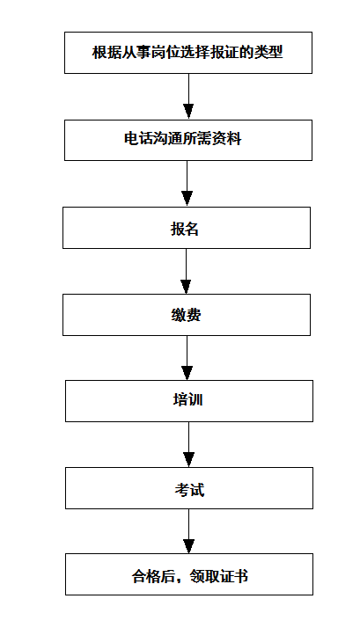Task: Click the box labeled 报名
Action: click(x=187, y=228)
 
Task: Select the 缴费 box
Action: click(x=187, y=315)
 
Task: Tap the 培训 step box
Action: click(x=189, y=401)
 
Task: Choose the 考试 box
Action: click(x=189, y=488)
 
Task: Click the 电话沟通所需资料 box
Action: click(x=188, y=140)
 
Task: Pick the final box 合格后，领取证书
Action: click(x=189, y=574)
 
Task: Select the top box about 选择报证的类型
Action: click(x=188, y=53)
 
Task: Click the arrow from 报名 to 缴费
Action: click(x=186, y=271)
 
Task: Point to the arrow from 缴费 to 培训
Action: click(x=187, y=358)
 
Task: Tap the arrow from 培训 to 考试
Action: click(x=189, y=444)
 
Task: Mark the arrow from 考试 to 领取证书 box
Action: click(x=189, y=531)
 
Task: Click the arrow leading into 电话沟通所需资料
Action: click(x=188, y=97)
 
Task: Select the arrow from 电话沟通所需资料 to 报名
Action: click(x=187, y=184)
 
